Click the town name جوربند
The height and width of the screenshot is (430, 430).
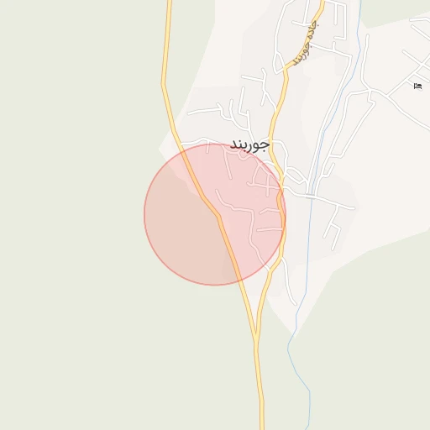pos(250,144)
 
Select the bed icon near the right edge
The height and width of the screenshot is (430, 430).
pos(417,85)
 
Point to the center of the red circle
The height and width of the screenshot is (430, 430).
pos(215,214)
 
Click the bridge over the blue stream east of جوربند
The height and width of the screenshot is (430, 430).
pos(311,196)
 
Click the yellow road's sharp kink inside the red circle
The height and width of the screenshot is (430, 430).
pos(218,216)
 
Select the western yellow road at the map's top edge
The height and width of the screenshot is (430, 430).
pos(169,3)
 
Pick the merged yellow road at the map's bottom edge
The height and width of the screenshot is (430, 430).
pos(260,424)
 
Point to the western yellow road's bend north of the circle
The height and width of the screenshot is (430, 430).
pos(164,84)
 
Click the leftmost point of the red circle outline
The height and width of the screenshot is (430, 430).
pos(144,214)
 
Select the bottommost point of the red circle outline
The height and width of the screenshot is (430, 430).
pos(215,285)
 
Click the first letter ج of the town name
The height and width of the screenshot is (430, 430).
pos(266,145)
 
